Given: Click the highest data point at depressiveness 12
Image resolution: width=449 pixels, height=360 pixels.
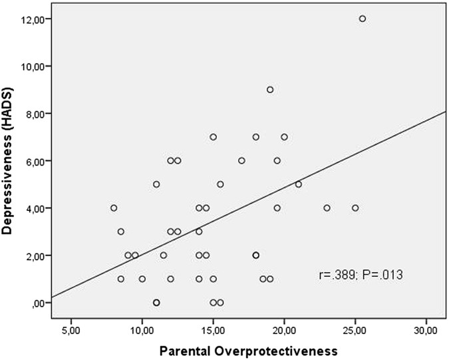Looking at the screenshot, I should tap(363, 19).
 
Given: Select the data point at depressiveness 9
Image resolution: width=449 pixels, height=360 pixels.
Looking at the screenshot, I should tap(270, 90).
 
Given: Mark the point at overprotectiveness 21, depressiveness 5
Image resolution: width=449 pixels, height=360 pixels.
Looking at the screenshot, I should tap(299, 184).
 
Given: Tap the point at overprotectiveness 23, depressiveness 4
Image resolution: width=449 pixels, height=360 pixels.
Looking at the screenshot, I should tap(327, 208).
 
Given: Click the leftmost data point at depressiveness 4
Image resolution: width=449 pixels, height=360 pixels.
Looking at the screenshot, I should tap(114, 208).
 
